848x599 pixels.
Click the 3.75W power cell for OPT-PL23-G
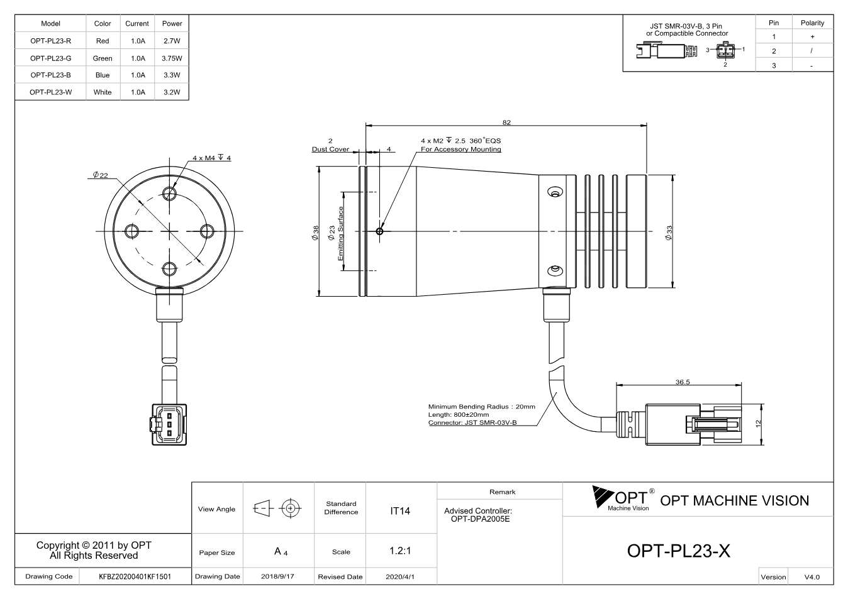point(172,58)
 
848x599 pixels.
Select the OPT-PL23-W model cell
point(51,92)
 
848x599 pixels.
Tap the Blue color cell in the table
point(103,75)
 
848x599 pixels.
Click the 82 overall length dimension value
point(506,122)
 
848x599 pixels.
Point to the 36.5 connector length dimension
point(683,382)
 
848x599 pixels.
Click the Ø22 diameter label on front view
point(101,175)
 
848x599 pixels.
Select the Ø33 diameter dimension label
point(669,232)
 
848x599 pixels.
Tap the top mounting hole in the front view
point(169,194)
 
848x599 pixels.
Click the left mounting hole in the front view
point(131,231)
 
